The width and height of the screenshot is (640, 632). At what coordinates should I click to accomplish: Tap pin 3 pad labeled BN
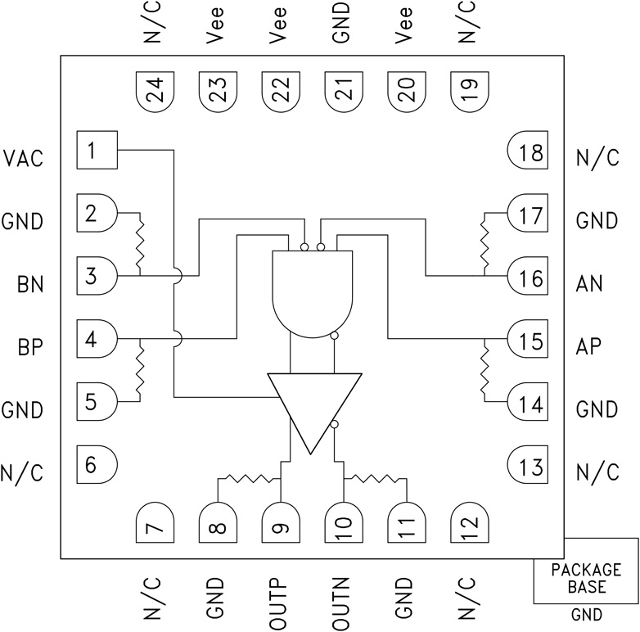pyautogui.click(x=97, y=276)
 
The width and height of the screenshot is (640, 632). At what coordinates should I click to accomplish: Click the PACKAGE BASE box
pyautogui.click(x=585, y=578)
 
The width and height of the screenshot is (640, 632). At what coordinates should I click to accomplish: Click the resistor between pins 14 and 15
pyautogui.click(x=485, y=369)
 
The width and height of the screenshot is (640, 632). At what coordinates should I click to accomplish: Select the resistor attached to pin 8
pyautogui.click(x=250, y=478)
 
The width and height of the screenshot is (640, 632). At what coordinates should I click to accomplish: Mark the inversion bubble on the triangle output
pyautogui.click(x=336, y=425)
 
